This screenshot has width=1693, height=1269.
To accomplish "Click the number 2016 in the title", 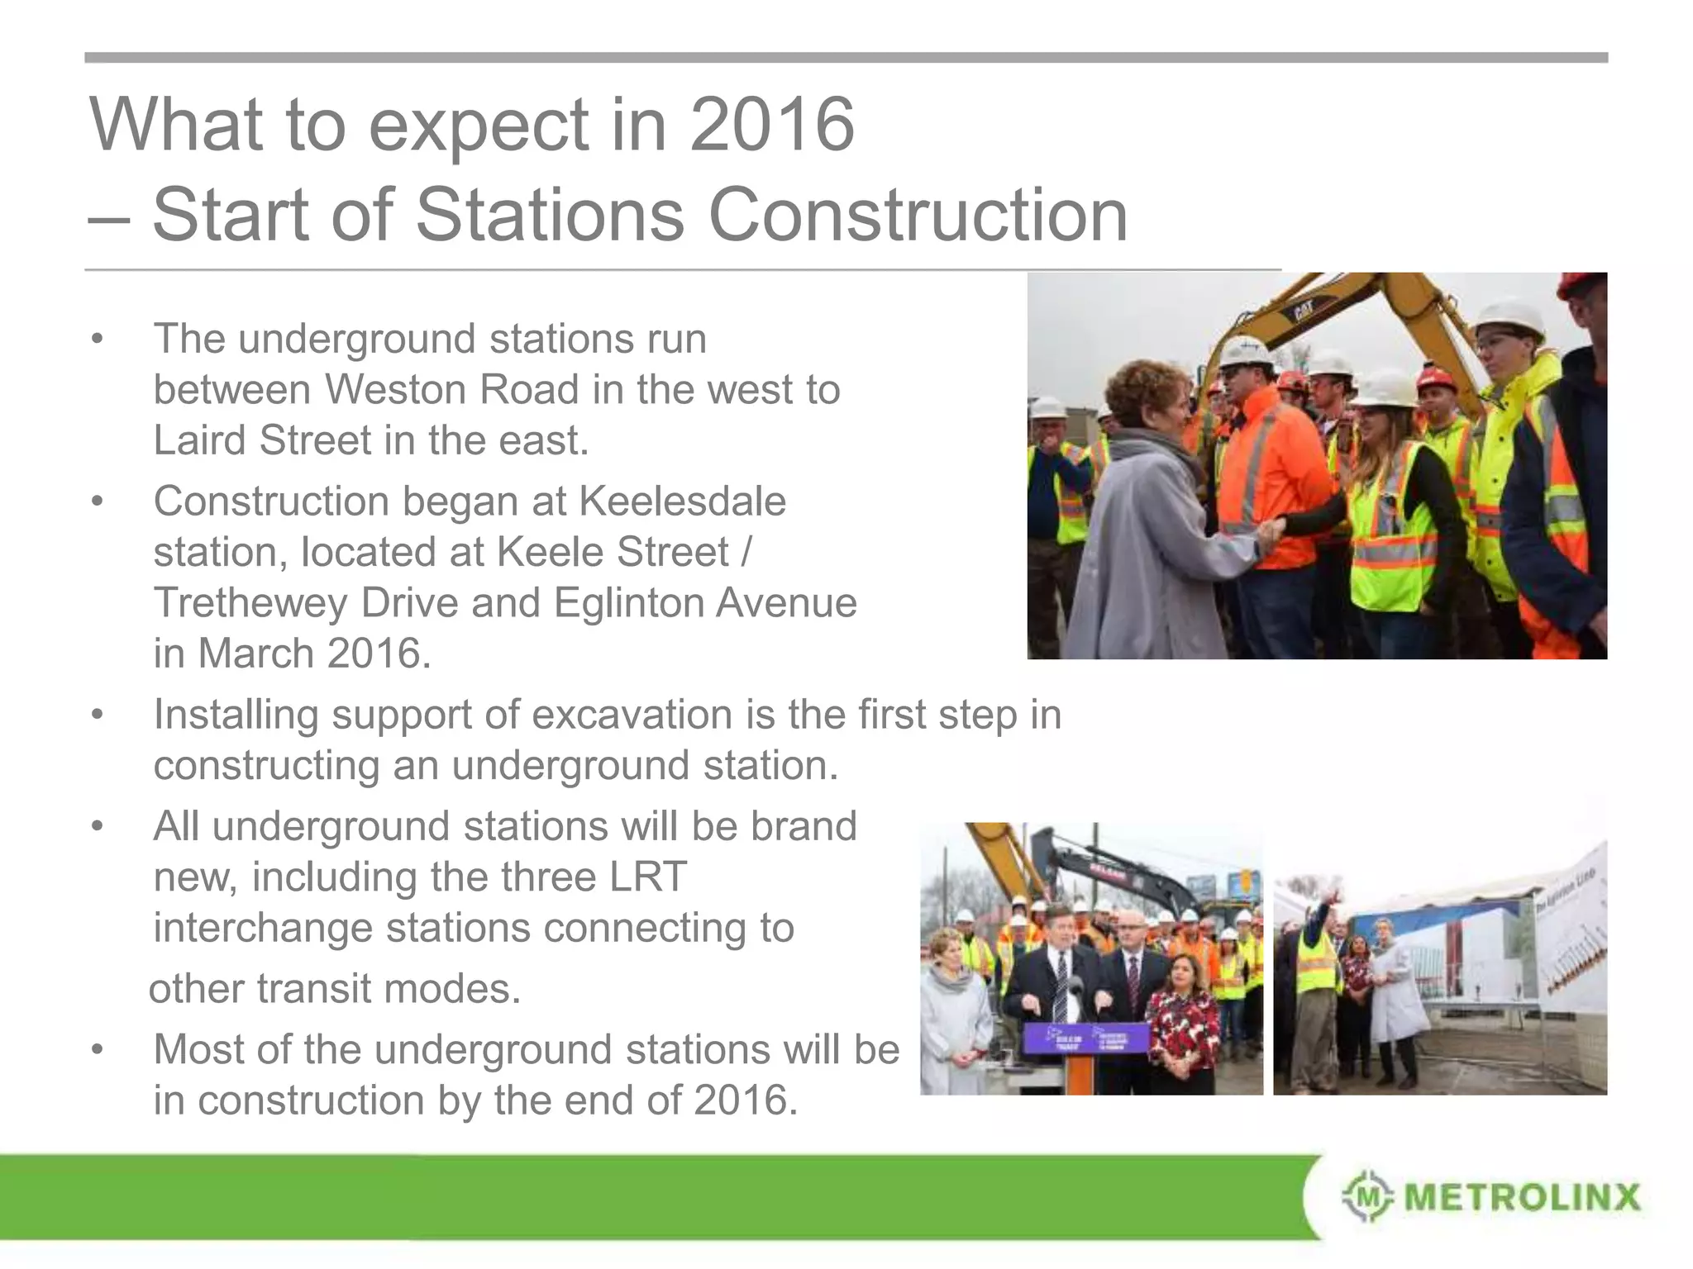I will (771, 125).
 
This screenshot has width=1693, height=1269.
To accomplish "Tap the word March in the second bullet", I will (256, 654).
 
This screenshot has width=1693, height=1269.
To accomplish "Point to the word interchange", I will (263, 928).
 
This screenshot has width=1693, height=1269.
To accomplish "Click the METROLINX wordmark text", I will (1522, 1197).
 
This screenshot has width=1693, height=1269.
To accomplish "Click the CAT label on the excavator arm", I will (1304, 312).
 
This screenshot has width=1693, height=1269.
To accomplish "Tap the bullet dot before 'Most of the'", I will (98, 1050).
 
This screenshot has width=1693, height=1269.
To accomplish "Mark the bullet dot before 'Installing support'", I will (98, 715).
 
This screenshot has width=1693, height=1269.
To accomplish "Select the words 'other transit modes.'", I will (335, 989).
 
